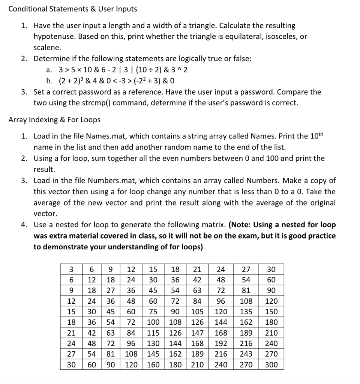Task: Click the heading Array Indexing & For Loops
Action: (54, 120)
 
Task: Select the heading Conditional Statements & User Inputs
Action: (73, 9)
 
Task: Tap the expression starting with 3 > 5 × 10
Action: (123, 70)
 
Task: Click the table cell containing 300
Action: (271, 364)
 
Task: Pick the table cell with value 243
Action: (246, 354)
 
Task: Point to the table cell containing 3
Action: (71, 269)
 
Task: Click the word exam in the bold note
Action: (250, 236)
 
